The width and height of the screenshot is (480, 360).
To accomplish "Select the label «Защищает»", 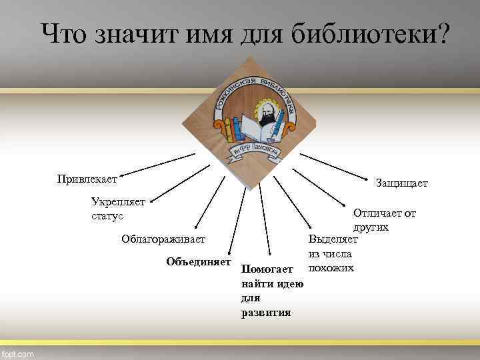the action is [402, 183].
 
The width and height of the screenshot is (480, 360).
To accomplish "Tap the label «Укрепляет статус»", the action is [118, 209].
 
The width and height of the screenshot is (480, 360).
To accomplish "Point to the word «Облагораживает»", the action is [164, 239].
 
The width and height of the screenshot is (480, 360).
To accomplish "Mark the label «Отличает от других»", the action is [384, 220].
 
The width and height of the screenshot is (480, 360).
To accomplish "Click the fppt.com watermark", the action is [18, 354].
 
